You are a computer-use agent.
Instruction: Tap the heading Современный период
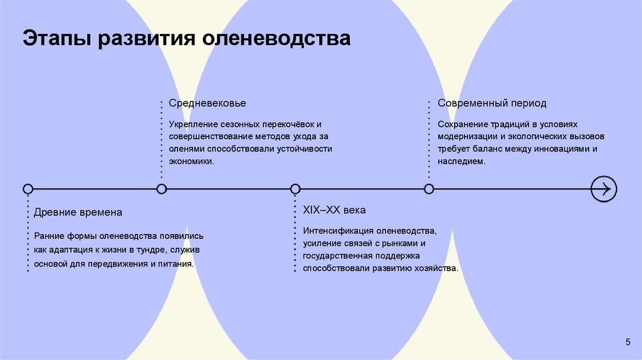tap(492, 103)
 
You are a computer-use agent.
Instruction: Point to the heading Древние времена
tap(78, 213)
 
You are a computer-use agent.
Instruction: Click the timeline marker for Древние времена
tap(28, 188)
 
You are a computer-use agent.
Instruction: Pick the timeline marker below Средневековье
tap(162, 188)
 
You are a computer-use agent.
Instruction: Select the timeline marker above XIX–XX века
tap(295, 188)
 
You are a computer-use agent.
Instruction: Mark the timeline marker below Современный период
tap(429, 188)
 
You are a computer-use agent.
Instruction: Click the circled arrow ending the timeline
tap(604, 188)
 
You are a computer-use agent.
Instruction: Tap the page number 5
tap(628, 341)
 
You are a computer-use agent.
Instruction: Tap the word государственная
tap(339, 256)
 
